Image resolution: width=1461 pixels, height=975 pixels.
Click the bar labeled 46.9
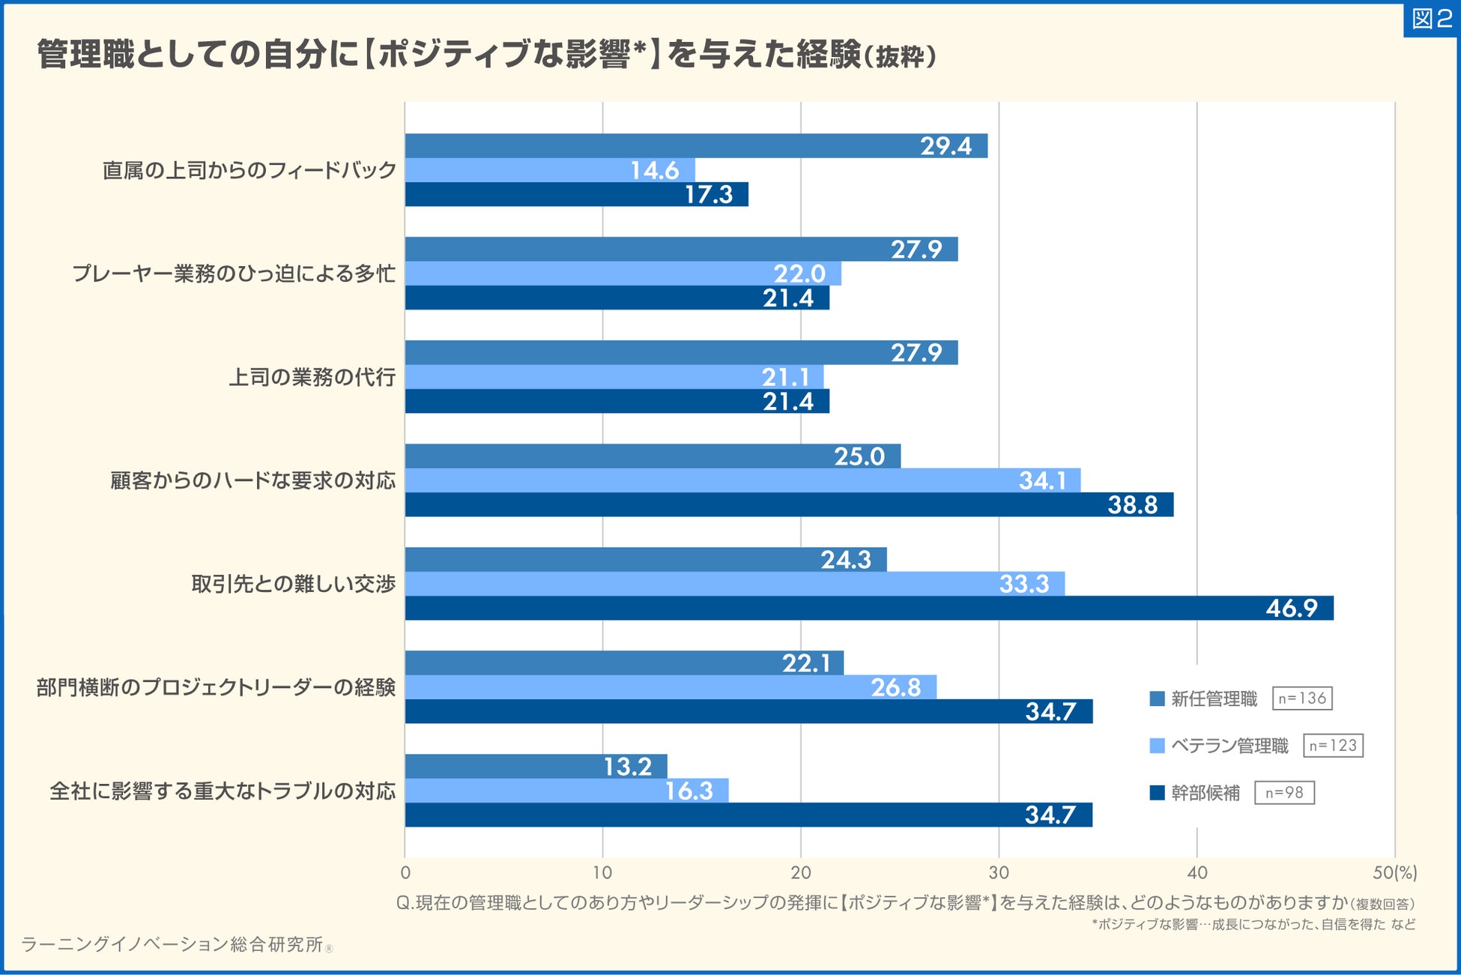(869, 608)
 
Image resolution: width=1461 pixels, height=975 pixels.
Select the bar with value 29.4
(696, 145)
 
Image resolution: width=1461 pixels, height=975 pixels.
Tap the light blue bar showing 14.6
(550, 170)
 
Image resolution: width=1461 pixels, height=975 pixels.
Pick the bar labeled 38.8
(789, 504)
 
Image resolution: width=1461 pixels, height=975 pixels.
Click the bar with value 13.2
(536, 766)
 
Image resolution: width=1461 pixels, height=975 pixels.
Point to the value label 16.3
(689, 791)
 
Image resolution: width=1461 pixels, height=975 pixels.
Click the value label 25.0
(859, 456)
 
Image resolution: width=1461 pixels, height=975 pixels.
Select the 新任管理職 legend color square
(1157, 698)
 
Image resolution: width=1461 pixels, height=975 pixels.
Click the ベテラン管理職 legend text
(1229, 746)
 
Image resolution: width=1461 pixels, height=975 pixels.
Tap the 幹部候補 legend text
(1206, 793)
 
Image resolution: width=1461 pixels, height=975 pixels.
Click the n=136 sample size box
(1302, 698)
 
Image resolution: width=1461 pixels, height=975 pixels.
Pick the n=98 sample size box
(1284, 793)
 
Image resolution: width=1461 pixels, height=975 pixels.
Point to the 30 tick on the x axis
(999, 872)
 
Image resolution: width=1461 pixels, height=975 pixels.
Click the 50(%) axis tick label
(1394, 872)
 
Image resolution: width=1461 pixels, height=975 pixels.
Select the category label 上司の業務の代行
(312, 377)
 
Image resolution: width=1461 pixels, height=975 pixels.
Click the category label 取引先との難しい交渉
(293, 584)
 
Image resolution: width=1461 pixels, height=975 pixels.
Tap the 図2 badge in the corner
(1431, 18)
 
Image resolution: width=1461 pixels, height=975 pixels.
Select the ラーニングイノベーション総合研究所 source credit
(172, 944)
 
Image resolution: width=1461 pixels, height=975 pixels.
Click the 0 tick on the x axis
(405, 872)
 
